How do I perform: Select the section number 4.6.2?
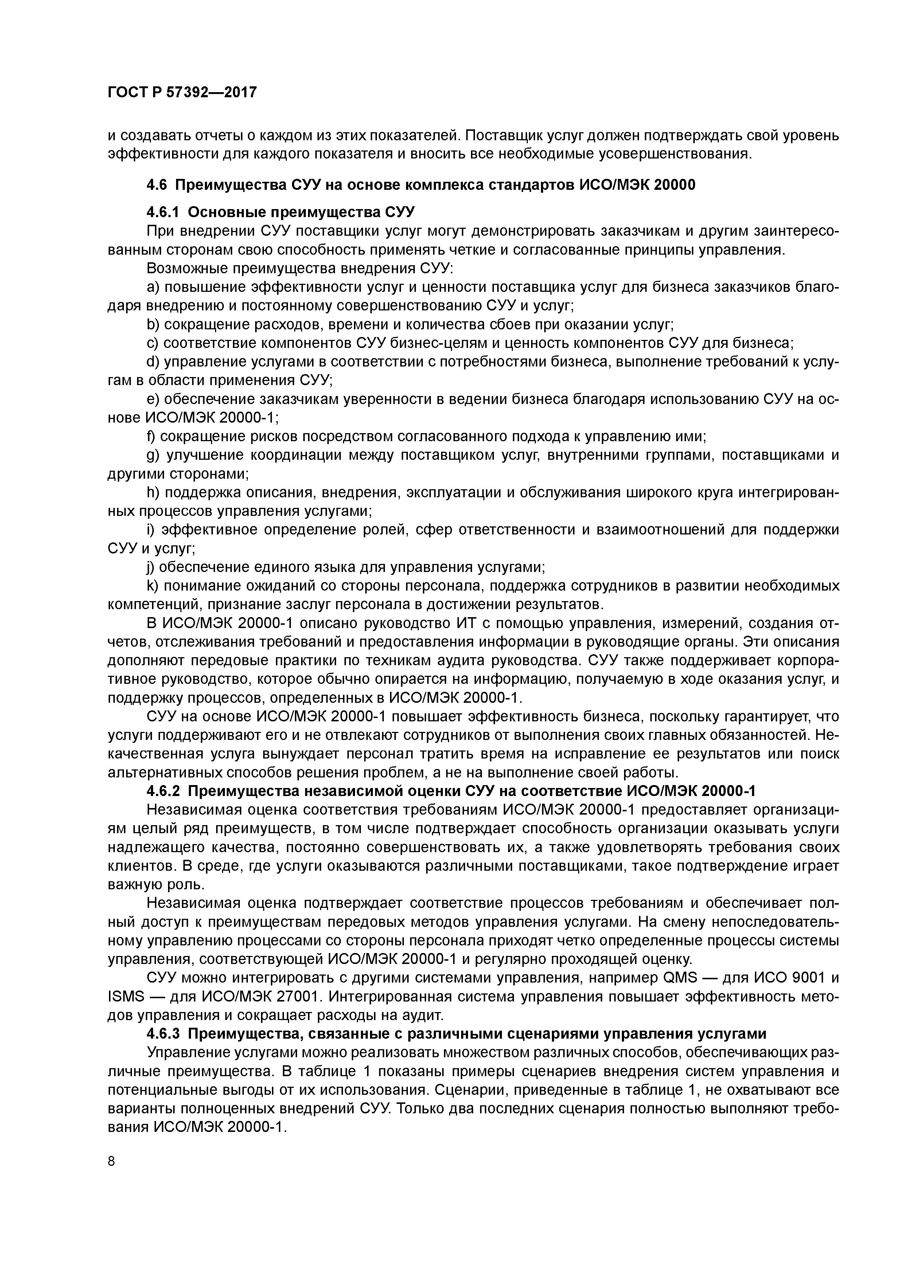[164, 791]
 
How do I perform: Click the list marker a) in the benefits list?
[153, 287]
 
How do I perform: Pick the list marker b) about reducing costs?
[153, 325]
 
